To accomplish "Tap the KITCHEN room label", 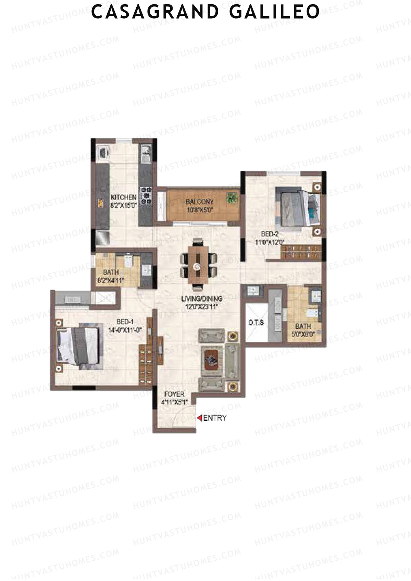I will [x=123, y=198].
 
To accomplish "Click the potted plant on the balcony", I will [x=232, y=198].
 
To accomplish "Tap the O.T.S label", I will [x=256, y=323].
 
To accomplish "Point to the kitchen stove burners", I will [x=146, y=196].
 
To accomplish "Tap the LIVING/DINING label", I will [x=202, y=299].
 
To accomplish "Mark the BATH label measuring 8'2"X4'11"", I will [x=111, y=273].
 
